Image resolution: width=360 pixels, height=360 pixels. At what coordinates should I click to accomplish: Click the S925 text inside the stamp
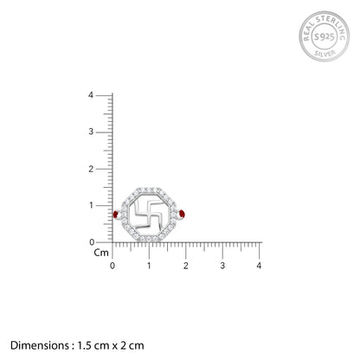[325, 36]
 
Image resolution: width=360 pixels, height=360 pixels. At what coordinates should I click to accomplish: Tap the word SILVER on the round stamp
[325, 54]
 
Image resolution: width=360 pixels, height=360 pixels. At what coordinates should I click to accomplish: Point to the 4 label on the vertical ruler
[91, 95]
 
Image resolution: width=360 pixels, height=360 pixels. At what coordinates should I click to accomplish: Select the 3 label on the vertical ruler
[91, 132]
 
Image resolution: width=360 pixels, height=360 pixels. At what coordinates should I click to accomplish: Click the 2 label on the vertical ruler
[91, 169]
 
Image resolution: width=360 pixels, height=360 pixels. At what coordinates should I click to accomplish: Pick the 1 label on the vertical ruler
[91, 205]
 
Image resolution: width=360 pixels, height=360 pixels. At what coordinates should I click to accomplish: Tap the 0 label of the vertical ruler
[92, 242]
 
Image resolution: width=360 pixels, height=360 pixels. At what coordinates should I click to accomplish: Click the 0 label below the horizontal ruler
[112, 266]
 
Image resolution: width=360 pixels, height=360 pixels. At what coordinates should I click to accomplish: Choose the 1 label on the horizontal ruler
[149, 266]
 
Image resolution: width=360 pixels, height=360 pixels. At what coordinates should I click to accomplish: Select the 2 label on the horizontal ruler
[186, 266]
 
